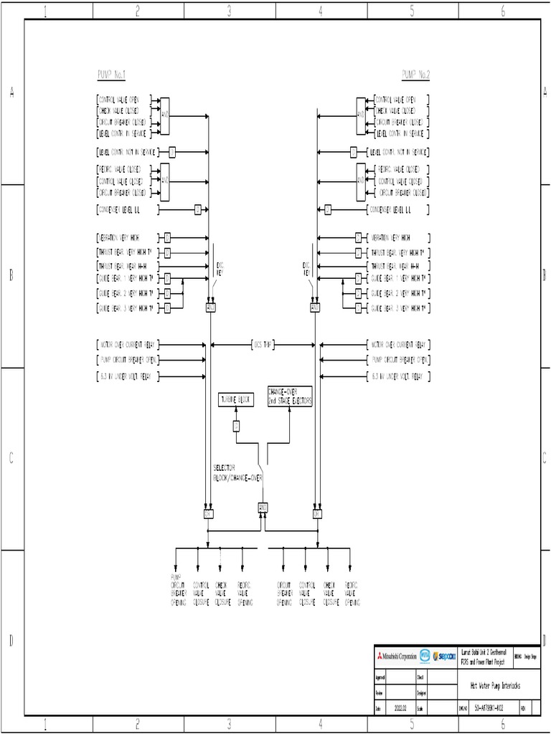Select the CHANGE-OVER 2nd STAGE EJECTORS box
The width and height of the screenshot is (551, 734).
(x=290, y=396)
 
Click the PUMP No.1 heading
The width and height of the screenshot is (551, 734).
(x=111, y=75)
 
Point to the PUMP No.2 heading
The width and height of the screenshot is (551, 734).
(x=415, y=75)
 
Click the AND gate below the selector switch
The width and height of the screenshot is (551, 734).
(x=263, y=508)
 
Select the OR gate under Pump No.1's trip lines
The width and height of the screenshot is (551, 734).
(x=209, y=513)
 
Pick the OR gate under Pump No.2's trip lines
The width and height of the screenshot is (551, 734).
(x=316, y=513)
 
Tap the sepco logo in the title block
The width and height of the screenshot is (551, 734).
(x=443, y=656)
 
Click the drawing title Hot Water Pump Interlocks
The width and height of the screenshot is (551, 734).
(x=495, y=686)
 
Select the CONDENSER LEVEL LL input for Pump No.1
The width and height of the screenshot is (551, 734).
(x=126, y=209)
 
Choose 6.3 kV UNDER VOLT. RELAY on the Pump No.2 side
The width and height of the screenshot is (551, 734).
(x=399, y=376)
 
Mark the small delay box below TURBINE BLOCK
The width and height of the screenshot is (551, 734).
(x=236, y=426)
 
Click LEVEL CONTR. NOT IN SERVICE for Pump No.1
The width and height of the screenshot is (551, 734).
(x=128, y=152)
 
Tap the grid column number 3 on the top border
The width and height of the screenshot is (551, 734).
(x=229, y=11)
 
